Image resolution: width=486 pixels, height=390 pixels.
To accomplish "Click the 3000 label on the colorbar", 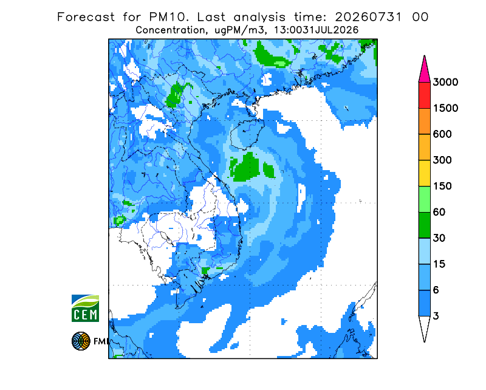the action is [445, 82].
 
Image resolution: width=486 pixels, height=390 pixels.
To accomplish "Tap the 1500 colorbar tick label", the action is [445, 108].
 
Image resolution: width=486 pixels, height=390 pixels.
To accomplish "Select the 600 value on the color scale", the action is [442, 134].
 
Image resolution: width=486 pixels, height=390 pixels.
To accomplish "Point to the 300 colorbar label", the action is [442, 160].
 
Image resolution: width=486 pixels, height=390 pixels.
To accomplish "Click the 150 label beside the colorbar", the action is [442, 186].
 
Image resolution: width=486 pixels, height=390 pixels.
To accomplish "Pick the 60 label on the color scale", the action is [439, 213].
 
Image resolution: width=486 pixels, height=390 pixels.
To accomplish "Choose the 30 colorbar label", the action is [439, 238].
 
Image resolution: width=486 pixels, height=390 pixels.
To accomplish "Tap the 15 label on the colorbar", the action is [439, 264].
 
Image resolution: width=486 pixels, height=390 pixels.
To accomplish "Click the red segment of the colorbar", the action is [424, 95].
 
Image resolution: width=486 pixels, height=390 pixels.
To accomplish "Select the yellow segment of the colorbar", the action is [424, 173].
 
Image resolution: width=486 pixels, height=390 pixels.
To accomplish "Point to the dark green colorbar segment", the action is [424, 225].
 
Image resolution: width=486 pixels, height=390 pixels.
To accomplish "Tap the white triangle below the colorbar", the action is [424, 326].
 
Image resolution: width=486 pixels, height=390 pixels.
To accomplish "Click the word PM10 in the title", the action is [168, 17].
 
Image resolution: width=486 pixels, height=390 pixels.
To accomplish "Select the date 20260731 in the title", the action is [368, 17].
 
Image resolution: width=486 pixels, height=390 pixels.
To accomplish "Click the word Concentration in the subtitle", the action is [170, 30].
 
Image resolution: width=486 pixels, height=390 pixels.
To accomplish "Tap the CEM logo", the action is [85, 308].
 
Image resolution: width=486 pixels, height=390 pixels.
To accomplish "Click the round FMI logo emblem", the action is [81, 341].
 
